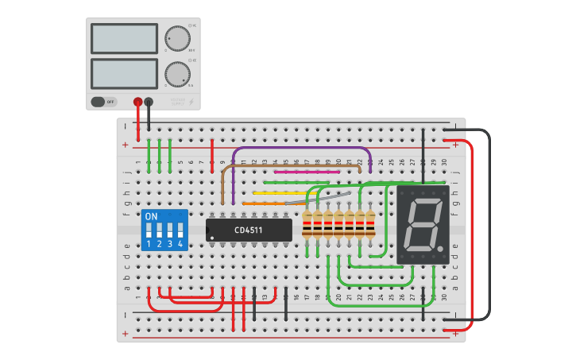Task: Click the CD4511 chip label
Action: [x=249, y=230]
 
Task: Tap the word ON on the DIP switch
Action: [x=152, y=216]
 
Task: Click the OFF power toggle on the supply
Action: [x=103, y=102]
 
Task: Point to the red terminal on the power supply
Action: [x=137, y=102]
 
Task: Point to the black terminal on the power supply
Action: [x=149, y=102]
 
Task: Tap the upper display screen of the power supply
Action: [x=124, y=38]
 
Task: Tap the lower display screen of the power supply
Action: [x=124, y=73]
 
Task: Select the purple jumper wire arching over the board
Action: [x=302, y=148]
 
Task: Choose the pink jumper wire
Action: [x=306, y=171]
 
